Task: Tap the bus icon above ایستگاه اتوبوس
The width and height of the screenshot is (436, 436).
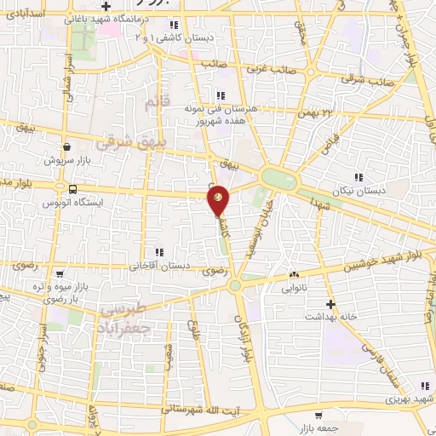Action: point(72,190)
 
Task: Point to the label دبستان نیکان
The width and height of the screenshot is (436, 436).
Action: point(361,191)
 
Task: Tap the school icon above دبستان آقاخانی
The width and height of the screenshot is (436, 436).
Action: point(158,252)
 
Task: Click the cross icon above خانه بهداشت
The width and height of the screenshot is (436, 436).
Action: point(331,303)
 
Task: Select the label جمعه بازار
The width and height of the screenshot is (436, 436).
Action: point(317,428)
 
